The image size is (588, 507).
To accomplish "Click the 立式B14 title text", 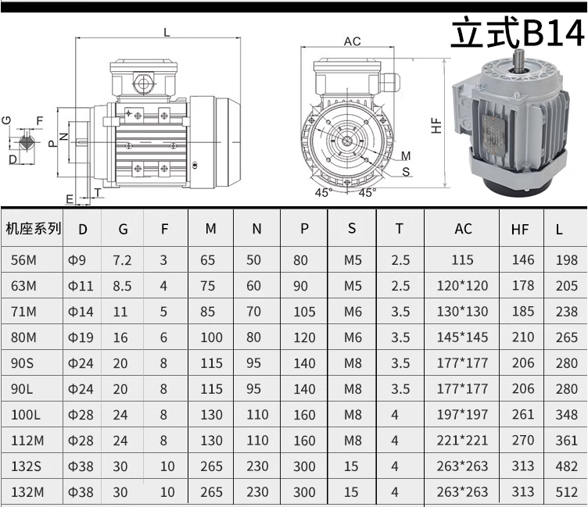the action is (518, 33).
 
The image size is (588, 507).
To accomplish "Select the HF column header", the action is (520, 230).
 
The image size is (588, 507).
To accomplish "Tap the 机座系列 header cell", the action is (33, 228).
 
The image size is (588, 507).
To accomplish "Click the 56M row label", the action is (23, 259).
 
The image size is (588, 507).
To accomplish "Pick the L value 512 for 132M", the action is (567, 491).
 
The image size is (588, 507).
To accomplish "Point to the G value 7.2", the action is (122, 260).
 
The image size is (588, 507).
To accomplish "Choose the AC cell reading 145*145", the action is (462, 337).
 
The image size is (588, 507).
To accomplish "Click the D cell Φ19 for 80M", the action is (81, 337).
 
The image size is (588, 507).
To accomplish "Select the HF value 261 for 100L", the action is (523, 415).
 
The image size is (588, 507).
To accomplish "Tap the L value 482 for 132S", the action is (567, 466).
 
